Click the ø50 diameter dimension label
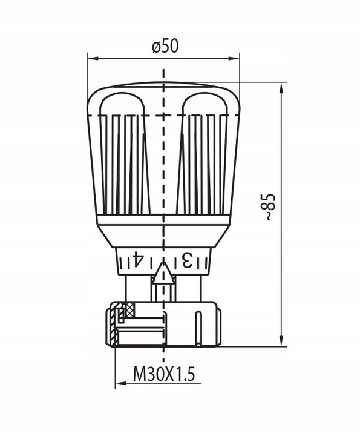click(165, 47)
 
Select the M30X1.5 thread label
click(164, 374)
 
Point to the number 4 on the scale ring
click(137, 259)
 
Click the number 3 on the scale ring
click(187, 260)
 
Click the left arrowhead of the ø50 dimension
click(93, 58)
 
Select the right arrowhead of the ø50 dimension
click(234, 58)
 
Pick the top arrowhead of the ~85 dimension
click(281, 88)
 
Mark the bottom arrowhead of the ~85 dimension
click(281, 340)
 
